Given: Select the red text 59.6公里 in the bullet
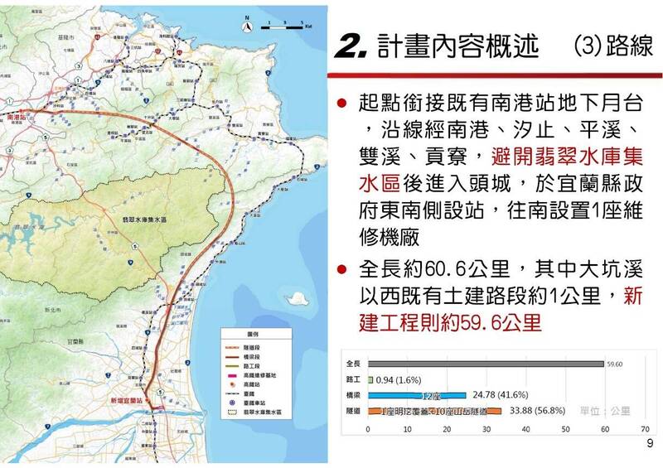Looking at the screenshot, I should (491, 322).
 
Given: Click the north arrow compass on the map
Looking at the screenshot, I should (248, 27).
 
